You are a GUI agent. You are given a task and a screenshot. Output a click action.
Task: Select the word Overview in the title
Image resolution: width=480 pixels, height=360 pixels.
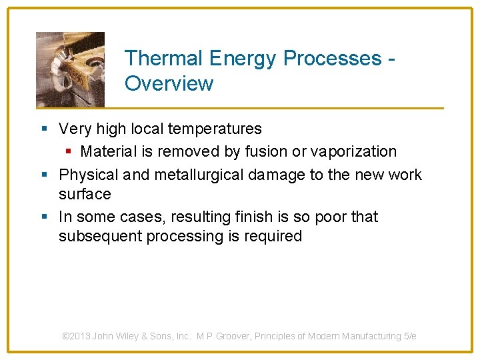[x=169, y=84]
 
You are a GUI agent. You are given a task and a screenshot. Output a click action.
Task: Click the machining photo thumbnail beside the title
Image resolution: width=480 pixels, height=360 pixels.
[x=70, y=69]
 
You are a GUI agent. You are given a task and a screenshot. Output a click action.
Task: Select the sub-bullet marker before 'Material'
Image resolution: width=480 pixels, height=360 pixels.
[x=67, y=152]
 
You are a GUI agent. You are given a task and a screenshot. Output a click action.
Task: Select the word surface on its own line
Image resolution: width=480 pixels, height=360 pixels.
[x=85, y=194]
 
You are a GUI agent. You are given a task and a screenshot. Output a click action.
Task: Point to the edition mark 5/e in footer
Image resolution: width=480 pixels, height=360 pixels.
[x=410, y=337]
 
